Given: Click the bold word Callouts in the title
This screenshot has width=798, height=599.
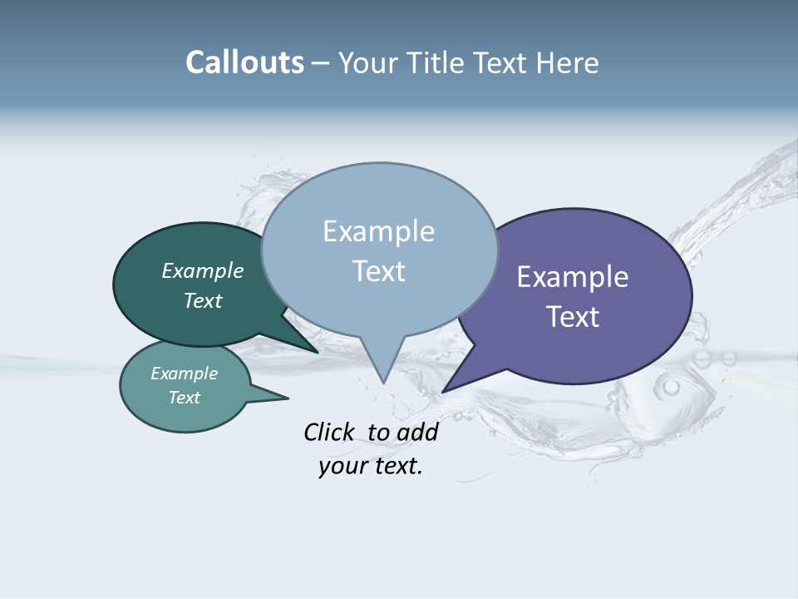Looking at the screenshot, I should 244,62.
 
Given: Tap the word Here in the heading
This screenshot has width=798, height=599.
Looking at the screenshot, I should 566,62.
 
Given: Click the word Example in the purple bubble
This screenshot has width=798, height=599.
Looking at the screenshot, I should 573,277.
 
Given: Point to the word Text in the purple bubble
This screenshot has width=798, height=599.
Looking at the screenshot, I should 573,317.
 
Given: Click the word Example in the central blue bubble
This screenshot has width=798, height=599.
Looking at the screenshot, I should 378,231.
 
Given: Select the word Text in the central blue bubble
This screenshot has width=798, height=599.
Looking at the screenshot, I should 378,271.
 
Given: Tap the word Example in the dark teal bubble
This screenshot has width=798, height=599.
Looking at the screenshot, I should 202,271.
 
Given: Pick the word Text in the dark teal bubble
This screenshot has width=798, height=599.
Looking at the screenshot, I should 202,301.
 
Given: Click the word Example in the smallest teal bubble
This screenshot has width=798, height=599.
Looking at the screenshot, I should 184,374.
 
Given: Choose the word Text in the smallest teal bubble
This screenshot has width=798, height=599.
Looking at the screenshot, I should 184,398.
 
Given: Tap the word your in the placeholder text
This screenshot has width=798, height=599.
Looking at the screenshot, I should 342,466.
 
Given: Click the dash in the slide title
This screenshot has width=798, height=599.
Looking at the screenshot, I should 322,62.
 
